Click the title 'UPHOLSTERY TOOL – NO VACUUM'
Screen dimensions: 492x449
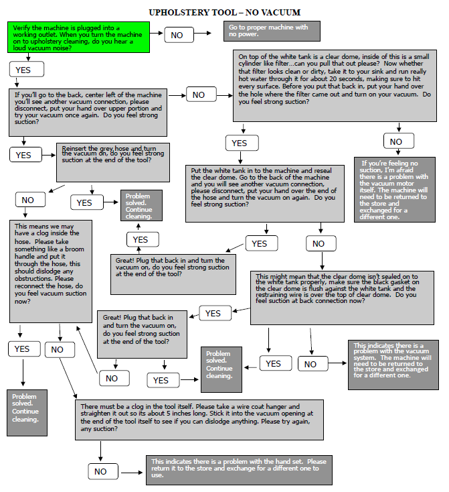(x=224, y=12)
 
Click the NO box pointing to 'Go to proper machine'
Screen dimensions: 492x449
(x=177, y=35)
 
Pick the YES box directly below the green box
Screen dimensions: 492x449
(x=27, y=69)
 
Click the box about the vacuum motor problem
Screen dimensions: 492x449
(x=395, y=189)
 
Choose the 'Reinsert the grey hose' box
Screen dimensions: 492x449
(x=112, y=161)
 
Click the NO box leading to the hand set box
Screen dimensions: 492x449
(x=100, y=471)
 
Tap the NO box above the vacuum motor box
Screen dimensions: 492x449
(x=396, y=141)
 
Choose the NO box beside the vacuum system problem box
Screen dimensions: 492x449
(x=310, y=364)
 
